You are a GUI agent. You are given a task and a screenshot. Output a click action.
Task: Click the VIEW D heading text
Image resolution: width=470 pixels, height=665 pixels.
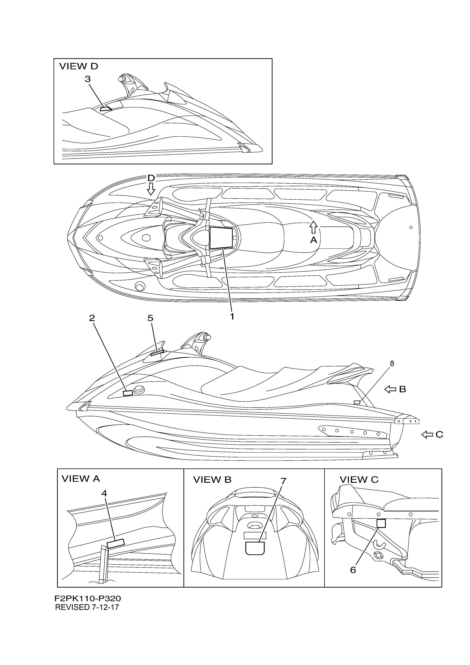[79, 66]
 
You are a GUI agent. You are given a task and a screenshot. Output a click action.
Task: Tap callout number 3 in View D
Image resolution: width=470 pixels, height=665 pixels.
[88, 79]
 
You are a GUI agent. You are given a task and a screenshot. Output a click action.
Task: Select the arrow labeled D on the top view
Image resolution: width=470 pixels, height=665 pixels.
[151, 189]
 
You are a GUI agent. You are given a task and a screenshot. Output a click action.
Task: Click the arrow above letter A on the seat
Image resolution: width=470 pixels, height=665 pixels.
[313, 227]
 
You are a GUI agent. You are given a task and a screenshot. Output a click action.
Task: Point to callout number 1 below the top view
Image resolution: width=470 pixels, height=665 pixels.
[232, 316]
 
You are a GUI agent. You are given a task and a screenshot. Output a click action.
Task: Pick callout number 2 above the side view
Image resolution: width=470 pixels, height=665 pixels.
[92, 318]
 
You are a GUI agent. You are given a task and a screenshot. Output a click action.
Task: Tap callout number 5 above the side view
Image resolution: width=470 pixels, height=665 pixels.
[150, 318]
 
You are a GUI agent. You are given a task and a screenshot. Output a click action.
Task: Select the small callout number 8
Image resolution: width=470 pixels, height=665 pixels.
[392, 364]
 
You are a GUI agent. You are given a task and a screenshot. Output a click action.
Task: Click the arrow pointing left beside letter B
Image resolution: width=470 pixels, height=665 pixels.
[390, 390]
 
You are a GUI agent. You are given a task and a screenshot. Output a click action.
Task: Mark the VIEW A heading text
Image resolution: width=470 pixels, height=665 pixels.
[80, 479]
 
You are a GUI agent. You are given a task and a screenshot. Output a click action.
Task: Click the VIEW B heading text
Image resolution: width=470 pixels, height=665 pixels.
[212, 480]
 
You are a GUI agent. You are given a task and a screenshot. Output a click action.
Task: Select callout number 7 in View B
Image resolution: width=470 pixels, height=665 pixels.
[283, 481]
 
